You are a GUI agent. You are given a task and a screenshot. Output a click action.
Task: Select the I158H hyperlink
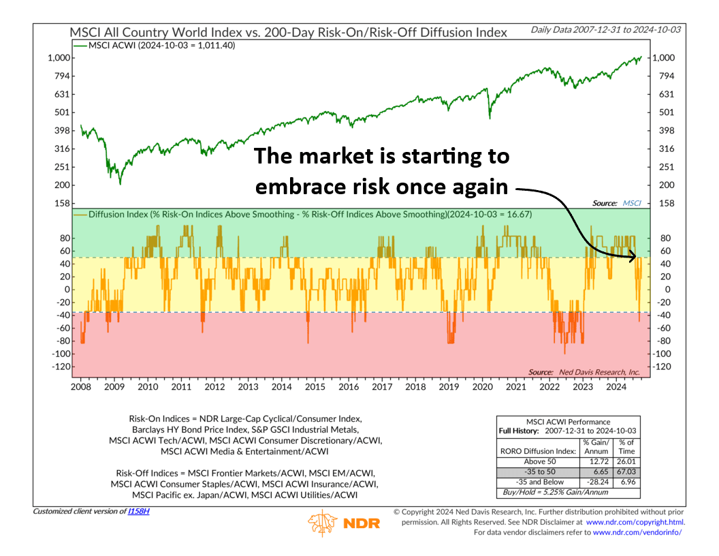(x=138, y=511)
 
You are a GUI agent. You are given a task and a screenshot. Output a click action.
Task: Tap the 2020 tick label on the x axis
(x=482, y=387)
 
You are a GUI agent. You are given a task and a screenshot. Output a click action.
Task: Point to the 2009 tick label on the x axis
(x=114, y=387)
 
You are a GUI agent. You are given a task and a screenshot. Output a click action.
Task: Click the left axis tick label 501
(x=62, y=112)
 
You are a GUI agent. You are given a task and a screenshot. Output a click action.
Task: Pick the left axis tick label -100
(x=61, y=354)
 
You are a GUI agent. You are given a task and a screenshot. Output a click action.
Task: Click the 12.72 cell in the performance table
(x=599, y=461)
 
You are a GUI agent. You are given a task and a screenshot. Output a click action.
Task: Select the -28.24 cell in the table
(x=598, y=482)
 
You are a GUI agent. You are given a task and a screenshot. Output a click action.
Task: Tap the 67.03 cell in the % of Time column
(x=627, y=472)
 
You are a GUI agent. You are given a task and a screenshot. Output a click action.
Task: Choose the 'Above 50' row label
(x=540, y=461)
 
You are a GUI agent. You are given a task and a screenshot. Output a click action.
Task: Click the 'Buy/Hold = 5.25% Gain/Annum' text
(x=556, y=492)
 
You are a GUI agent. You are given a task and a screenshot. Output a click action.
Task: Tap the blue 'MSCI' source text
(x=631, y=203)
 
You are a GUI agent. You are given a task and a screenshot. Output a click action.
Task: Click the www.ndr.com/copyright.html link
(x=635, y=522)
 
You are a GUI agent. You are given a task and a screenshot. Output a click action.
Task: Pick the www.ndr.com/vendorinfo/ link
(x=637, y=532)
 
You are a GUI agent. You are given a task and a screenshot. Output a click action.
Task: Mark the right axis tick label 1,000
(x=664, y=58)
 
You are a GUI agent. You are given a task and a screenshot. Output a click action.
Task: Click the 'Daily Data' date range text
(x=606, y=30)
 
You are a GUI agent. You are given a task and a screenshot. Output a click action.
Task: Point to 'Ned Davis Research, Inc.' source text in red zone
(x=599, y=372)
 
